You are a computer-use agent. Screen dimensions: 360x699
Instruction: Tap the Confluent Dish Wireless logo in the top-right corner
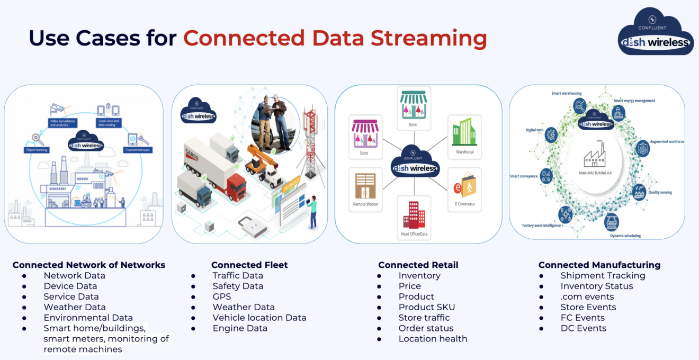[656, 33]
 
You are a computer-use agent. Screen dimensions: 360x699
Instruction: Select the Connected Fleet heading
[249, 265]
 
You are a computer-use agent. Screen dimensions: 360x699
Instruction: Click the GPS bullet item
[222, 296]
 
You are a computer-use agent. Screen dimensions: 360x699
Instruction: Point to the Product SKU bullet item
[426, 307]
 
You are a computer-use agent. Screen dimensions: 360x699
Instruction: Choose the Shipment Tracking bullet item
[603, 275]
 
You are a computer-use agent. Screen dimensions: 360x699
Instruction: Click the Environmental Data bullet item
[88, 318]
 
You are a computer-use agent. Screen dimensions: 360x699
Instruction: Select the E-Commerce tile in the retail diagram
[464, 190]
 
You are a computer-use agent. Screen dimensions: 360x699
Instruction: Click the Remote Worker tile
[365, 190]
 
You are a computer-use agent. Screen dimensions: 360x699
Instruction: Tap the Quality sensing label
[660, 192]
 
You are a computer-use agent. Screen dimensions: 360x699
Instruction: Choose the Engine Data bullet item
[240, 328]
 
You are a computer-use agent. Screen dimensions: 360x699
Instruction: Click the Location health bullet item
[433, 339]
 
